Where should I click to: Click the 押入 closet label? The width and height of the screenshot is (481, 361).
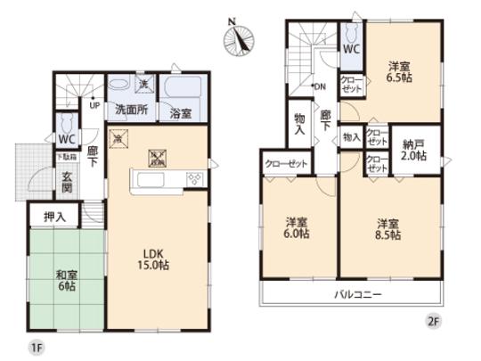55,216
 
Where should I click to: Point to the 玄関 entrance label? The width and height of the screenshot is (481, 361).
68,182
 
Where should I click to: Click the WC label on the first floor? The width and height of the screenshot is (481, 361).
67,140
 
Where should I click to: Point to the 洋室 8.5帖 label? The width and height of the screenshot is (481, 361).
387,228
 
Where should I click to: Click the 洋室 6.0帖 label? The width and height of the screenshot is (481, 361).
298,228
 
